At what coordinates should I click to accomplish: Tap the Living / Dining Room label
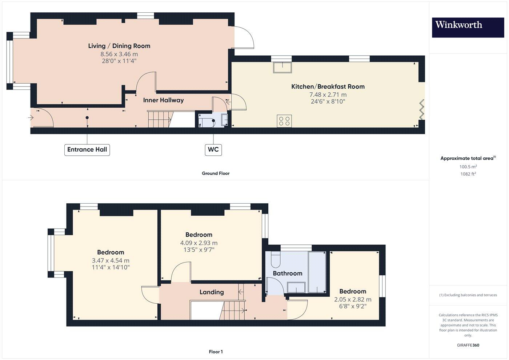click(x=119, y=46)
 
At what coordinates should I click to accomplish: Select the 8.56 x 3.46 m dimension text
click(x=119, y=54)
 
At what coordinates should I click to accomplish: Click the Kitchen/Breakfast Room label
click(x=328, y=87)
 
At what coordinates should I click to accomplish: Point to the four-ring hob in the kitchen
click(x=284, y=121)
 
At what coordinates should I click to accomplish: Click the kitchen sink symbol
click(x=282, y=67)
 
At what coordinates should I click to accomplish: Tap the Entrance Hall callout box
click(x=87, y=149)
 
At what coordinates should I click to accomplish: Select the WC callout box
click(x=213, y=149)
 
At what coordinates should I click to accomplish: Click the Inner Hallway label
click(x=163, y=100)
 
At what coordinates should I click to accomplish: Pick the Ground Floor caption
click(x=216, y=173)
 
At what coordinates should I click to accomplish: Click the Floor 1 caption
click(x=216, y=352)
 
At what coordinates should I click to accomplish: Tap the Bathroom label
click(x=287, y=273)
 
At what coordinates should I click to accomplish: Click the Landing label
click(x=212, y=292)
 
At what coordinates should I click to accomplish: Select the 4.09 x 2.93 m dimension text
click(x=199, y=243)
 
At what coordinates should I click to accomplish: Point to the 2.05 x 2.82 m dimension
click(x=353, y=300)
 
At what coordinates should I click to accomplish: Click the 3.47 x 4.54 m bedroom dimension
click(x=111, y=260)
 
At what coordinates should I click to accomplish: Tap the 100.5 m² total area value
click(x=468, y=167)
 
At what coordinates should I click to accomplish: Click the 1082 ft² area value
click(x=468, y=174)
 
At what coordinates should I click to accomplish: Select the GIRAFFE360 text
click(x=468, y=345)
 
